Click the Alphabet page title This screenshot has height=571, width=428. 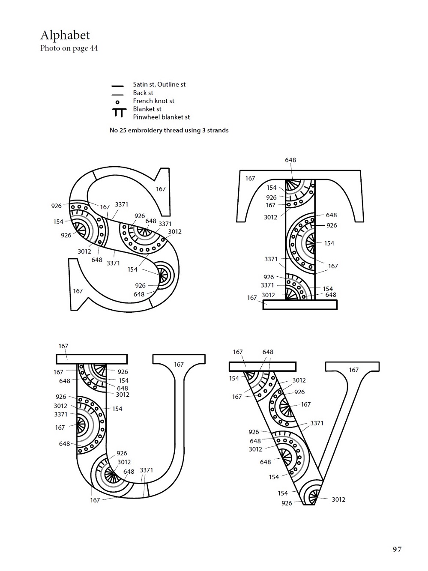pos(65,35)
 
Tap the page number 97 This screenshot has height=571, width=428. pos(397,549)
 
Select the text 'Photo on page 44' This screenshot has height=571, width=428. pos(69,48)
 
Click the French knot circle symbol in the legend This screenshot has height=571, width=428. pos(117,102)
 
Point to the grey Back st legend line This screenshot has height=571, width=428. pos(117,95)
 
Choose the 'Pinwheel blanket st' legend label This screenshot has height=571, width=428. pos(162,117)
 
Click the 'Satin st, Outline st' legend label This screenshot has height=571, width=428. pos(159,84)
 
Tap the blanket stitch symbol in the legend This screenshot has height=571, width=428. pos(119,113)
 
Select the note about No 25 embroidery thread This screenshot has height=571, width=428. pos(169,130)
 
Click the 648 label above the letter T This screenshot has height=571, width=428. pos(290,160)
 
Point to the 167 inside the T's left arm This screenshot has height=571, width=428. pos(250,179)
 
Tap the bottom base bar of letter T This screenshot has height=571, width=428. pos(300,305)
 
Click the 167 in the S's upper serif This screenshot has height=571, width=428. pos(161,189)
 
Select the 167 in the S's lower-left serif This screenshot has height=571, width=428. pos(78,291)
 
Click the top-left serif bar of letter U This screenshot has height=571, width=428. pos(92,359)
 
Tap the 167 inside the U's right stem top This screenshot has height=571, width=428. pos(179,365)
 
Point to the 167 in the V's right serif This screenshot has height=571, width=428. pos(354,370)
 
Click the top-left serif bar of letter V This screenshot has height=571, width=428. pos(263,367)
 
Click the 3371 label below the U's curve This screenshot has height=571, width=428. pos(147,470)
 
